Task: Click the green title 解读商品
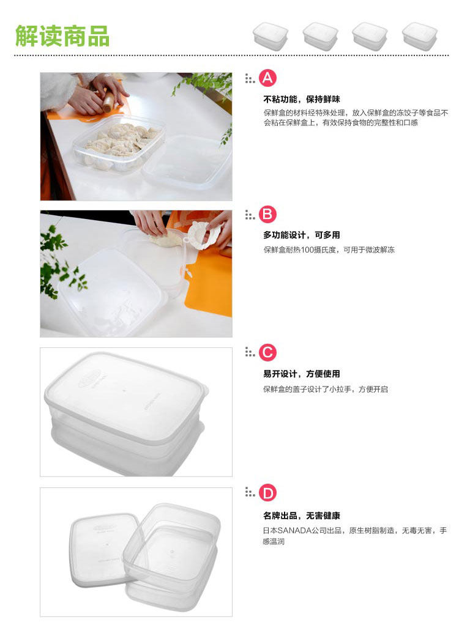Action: [x=62, y=35]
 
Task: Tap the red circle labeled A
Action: [x=267, y=78]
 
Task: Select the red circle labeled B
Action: [x=267, y=214]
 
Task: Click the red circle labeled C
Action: [x=267, y=352]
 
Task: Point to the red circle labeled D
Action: [x=267, y=493]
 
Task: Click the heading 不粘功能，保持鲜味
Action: [x=302, y=99]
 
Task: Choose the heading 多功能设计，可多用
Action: [x=302, y=235]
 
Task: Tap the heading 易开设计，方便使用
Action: [x=302, y=374]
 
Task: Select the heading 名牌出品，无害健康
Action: [x=302, y=516]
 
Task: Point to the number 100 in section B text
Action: [x=308, y=250]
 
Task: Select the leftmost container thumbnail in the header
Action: [x=270, y=36]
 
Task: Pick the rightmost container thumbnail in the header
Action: [x=420, y=36]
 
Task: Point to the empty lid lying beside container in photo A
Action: [x=187, y=163]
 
